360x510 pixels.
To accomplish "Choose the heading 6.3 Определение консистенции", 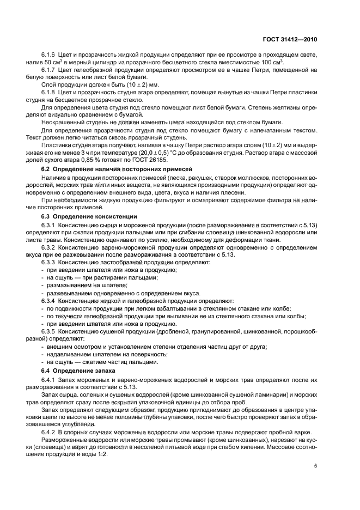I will coord(89,217).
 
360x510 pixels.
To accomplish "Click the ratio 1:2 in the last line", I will coord(102,456).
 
